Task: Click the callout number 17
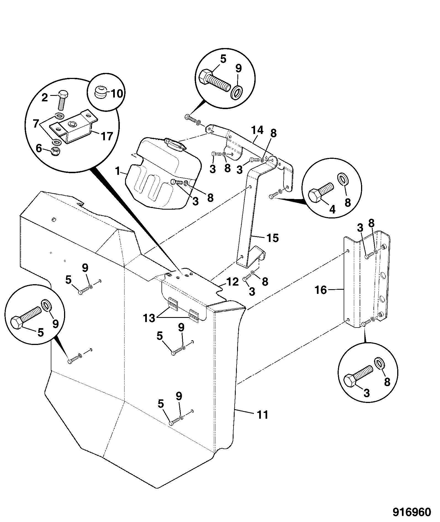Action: click(x=107, y=136)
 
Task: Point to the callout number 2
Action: click(x=45, y=97)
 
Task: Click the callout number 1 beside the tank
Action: click(x=36, y=123)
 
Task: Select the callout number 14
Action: click(x=257, y=130)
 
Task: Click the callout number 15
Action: click(x=272, y=238)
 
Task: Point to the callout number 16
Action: click(x=321, y=290)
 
